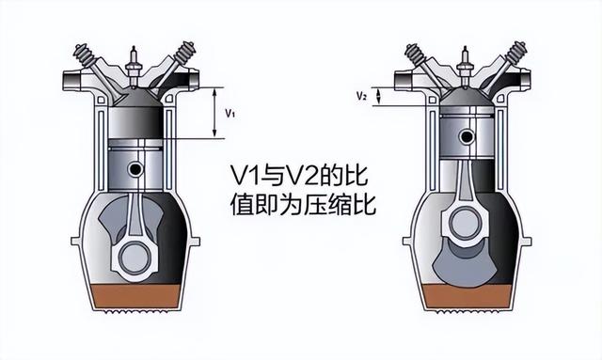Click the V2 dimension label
pos(361,96)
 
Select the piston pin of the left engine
pos(136,169)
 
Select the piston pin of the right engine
pos(465,133)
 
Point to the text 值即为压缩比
pos(303,204)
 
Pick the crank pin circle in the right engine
pos(465,221)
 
